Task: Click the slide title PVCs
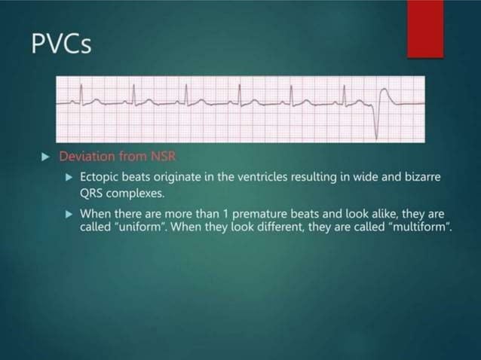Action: (x=63, y=44)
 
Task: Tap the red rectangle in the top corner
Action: (x=425, y=29)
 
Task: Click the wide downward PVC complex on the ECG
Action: (x=375, y=111)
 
